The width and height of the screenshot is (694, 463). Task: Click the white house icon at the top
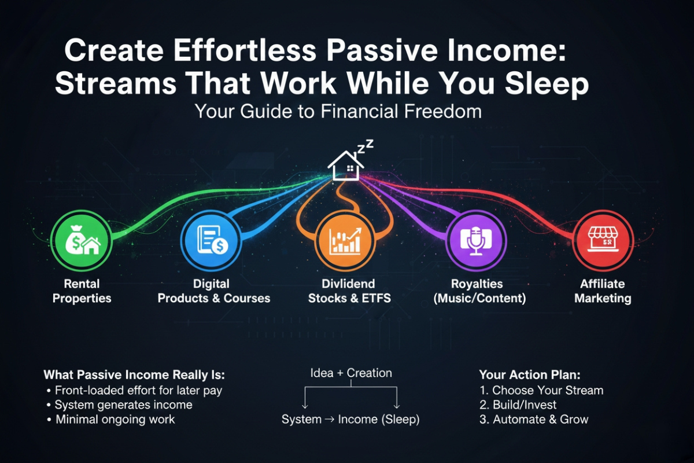coord(346,164)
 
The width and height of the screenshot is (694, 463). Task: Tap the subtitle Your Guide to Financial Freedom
coord(338,111)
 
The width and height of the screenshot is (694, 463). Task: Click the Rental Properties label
coord(82,291)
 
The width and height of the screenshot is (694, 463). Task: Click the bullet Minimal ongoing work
coord(115,420)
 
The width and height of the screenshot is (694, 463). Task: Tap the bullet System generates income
coord(123,405)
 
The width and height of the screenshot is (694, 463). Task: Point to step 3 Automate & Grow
coord(534,420)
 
